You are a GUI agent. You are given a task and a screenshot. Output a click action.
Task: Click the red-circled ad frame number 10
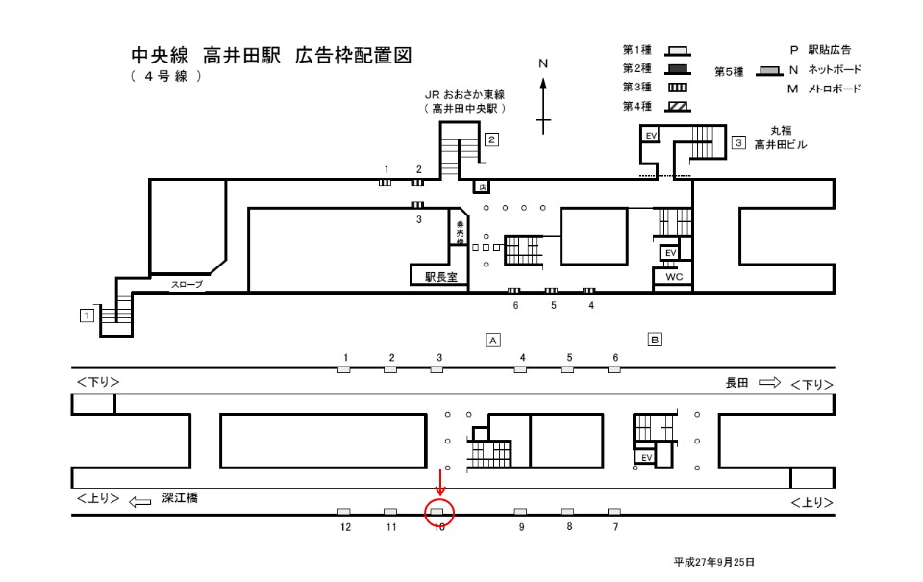pyautogui.click(x=438, y=512)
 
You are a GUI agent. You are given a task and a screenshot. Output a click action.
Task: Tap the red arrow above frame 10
pyautogui.click(x=439, y=482)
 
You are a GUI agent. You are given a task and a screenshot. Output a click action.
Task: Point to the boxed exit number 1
pyautogui.click(x=87, y=315)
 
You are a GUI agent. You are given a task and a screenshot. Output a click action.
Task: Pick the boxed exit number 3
pyautogui.click(x=738, y=142)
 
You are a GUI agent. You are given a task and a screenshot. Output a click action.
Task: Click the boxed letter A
pyautogui.click(x=492, y=340)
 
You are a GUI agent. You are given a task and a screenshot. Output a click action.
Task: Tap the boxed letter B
pyautogui.click(x=655, y=340)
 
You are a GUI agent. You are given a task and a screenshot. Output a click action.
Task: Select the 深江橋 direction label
pyautogui.click(x=179, y=498)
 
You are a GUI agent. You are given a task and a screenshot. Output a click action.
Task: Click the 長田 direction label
pyautogui.click(x=737, y=383)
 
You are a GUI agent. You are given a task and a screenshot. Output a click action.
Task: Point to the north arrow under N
pyautogui.click(x=543, y=106)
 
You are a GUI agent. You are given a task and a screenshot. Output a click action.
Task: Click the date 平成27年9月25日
pyautogui.click(x=714, y=561)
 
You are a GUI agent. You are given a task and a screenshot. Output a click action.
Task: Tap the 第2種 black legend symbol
pyautogui.click(x=677, y=68)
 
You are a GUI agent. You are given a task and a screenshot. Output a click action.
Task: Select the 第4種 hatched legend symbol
pyautogui.click(x=677, y=106)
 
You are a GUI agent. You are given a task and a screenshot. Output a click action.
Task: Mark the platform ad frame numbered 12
pyautogui.click(x=344, y=512)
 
